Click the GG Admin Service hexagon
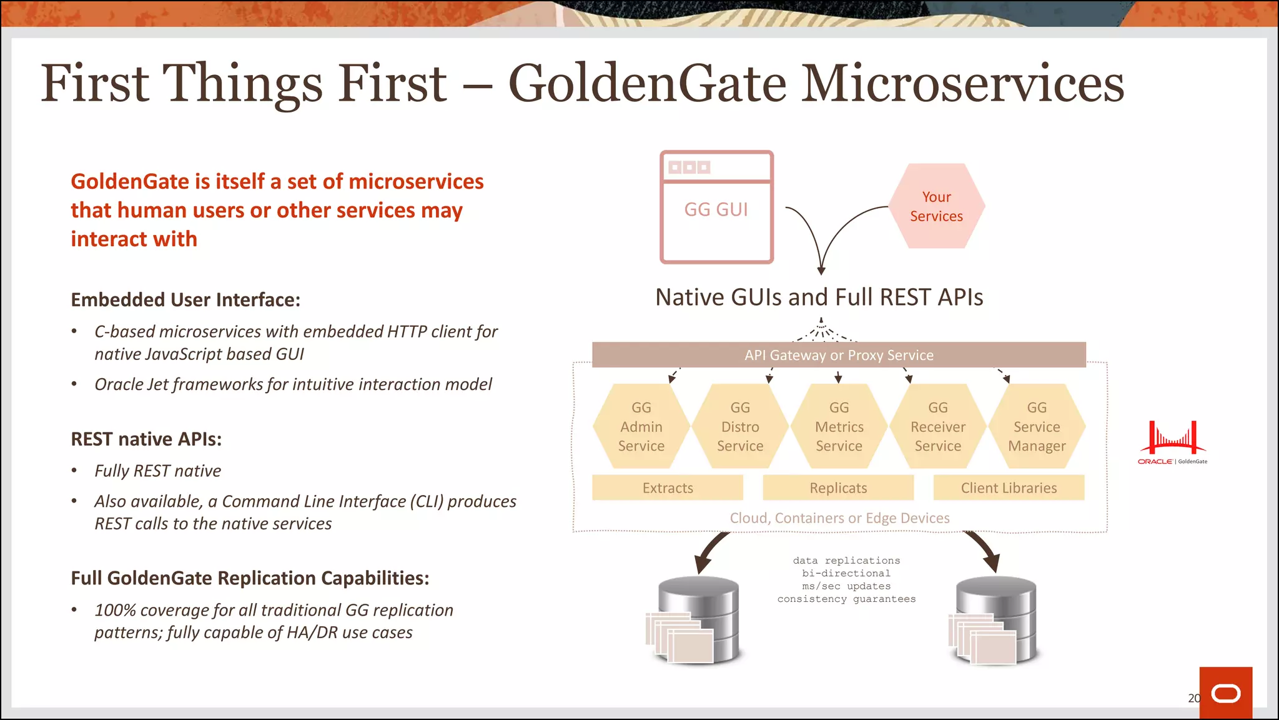(641, 426)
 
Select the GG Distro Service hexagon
(740, 426)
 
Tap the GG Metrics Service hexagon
(839, 426)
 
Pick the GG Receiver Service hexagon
(937, 426)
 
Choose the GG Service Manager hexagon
(1037, 426)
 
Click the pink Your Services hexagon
(936, 206)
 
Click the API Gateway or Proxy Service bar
(839, 355)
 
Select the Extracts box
(668, 487)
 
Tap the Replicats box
(838, 487)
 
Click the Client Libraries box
(1009, 487)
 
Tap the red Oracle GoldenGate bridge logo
(1172, 441)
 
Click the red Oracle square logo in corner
(1225, 692)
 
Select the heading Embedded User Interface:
(185, 300)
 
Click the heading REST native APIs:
(146, 439)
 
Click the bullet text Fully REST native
(157, 471)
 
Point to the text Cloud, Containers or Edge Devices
(839, 518)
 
